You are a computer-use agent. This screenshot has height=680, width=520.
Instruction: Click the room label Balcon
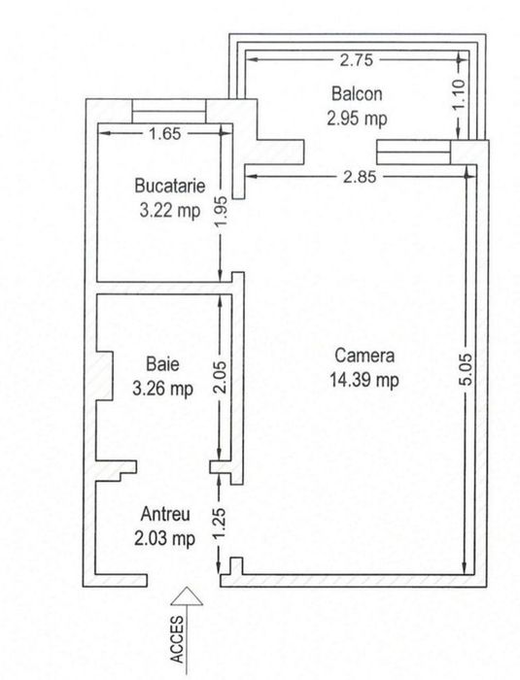point(357,93)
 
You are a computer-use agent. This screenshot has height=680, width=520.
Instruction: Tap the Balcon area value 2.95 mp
point(357,119)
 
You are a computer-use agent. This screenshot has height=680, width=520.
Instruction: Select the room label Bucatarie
point(170,186)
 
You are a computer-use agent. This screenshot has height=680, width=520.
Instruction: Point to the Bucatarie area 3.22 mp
point(170,211)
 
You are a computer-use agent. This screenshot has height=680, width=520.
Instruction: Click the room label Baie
point(162,364)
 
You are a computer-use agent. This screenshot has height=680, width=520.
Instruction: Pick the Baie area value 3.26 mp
point(162,389)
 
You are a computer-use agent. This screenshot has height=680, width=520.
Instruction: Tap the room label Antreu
point(165,514)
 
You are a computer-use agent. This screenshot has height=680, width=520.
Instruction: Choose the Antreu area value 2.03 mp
point(165,539)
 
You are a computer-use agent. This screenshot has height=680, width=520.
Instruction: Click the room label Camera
point(364,356)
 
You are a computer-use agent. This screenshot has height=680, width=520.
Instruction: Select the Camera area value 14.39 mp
point(364,381)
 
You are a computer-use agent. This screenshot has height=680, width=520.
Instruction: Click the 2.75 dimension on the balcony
point(357,60)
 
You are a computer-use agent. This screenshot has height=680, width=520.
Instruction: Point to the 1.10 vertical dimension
point(460,95)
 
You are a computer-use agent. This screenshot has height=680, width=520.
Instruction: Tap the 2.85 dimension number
point(360,177)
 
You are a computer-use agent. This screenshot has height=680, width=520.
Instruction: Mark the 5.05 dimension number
point(466,369)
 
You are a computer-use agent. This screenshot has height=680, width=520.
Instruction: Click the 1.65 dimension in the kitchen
point(164,134)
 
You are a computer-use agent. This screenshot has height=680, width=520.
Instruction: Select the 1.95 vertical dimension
point(221,211)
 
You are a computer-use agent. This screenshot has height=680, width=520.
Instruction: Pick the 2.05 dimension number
point(220,377)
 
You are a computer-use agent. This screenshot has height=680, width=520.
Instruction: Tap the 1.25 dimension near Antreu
point(220,524)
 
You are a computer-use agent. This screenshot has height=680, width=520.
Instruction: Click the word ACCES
point(178,639)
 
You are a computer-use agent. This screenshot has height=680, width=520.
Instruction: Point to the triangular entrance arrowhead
point(187,596)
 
